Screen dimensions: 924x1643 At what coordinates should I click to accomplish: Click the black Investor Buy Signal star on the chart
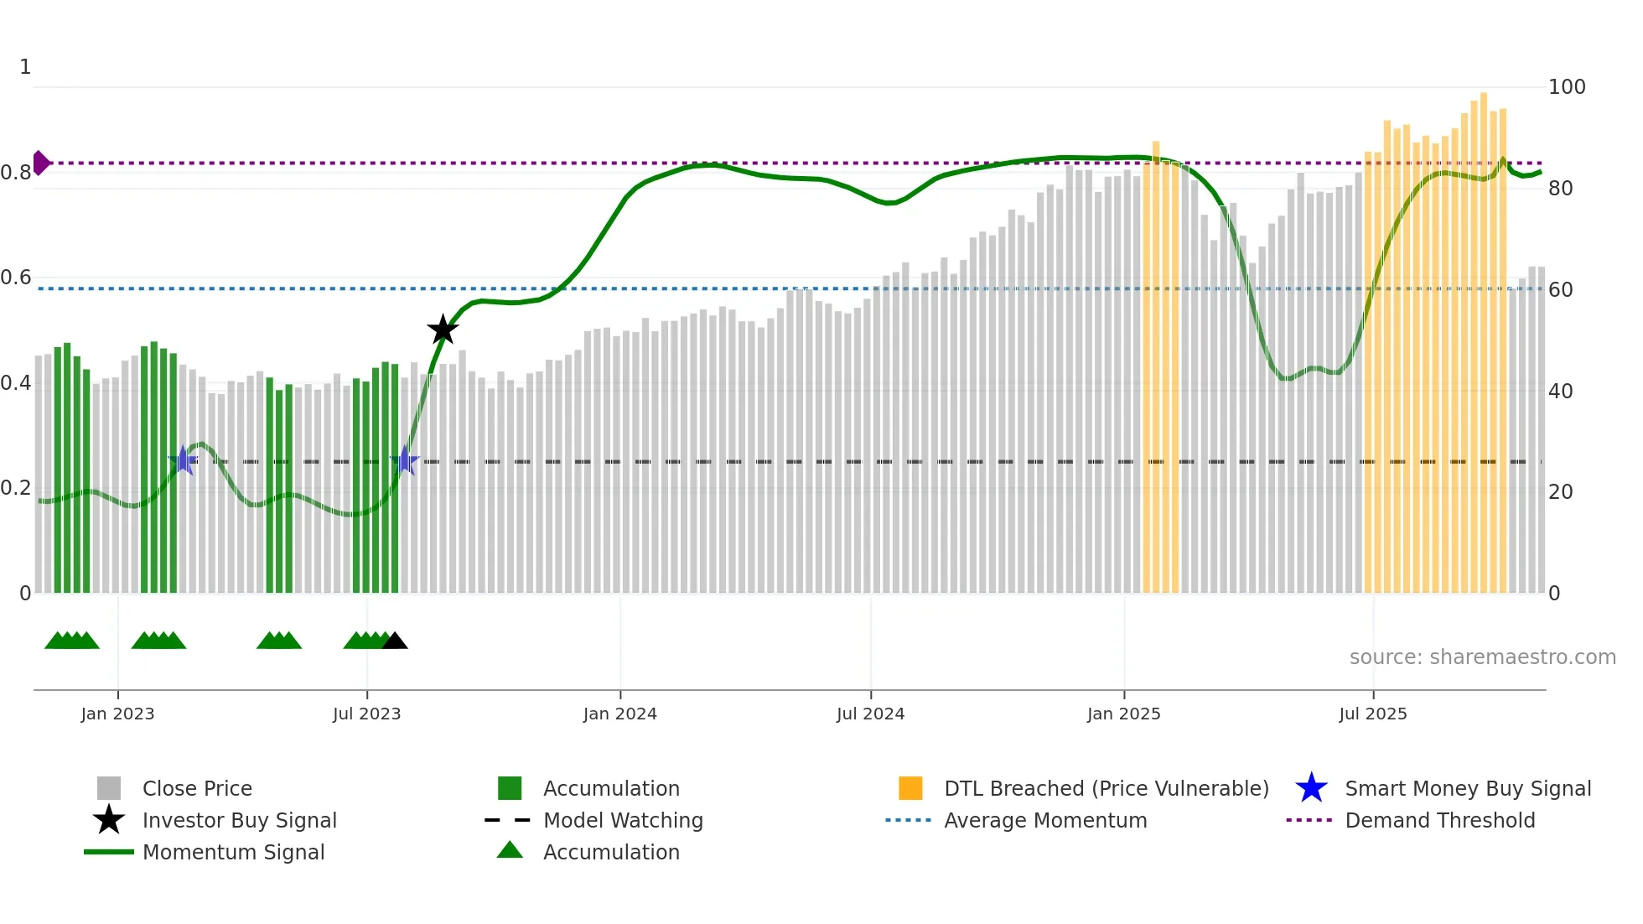[443, 330]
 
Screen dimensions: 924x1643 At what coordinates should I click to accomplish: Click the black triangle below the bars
[395, 641]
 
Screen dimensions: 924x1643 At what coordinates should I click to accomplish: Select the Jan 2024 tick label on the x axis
[619, 714]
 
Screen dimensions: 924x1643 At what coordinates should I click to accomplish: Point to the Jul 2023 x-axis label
[366, 714]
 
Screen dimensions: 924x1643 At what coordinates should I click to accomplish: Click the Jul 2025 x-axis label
[1372, 714]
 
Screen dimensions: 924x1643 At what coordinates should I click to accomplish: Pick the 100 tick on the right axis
[1566, 87]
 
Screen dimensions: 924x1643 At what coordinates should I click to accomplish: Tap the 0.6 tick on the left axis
[16, 278]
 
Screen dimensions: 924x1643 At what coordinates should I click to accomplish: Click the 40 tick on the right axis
[1560, 392]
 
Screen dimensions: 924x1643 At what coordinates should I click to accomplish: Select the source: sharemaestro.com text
[1482, 657]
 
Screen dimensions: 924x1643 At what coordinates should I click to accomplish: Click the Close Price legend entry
[197, 788]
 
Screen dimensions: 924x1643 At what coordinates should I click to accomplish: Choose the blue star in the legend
[1311, 788]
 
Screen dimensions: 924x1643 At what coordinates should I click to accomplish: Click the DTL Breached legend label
[1106, 788]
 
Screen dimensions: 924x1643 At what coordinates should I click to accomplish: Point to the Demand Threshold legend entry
[1439, 820]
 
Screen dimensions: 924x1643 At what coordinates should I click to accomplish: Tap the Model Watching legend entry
[622, 820]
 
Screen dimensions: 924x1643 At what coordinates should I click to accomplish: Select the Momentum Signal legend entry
[233, 852]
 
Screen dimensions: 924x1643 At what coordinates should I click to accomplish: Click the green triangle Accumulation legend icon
[510, 850]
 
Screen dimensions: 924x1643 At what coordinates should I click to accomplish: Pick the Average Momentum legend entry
[1044, 820]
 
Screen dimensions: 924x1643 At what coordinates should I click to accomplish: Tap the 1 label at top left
[25, 67]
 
